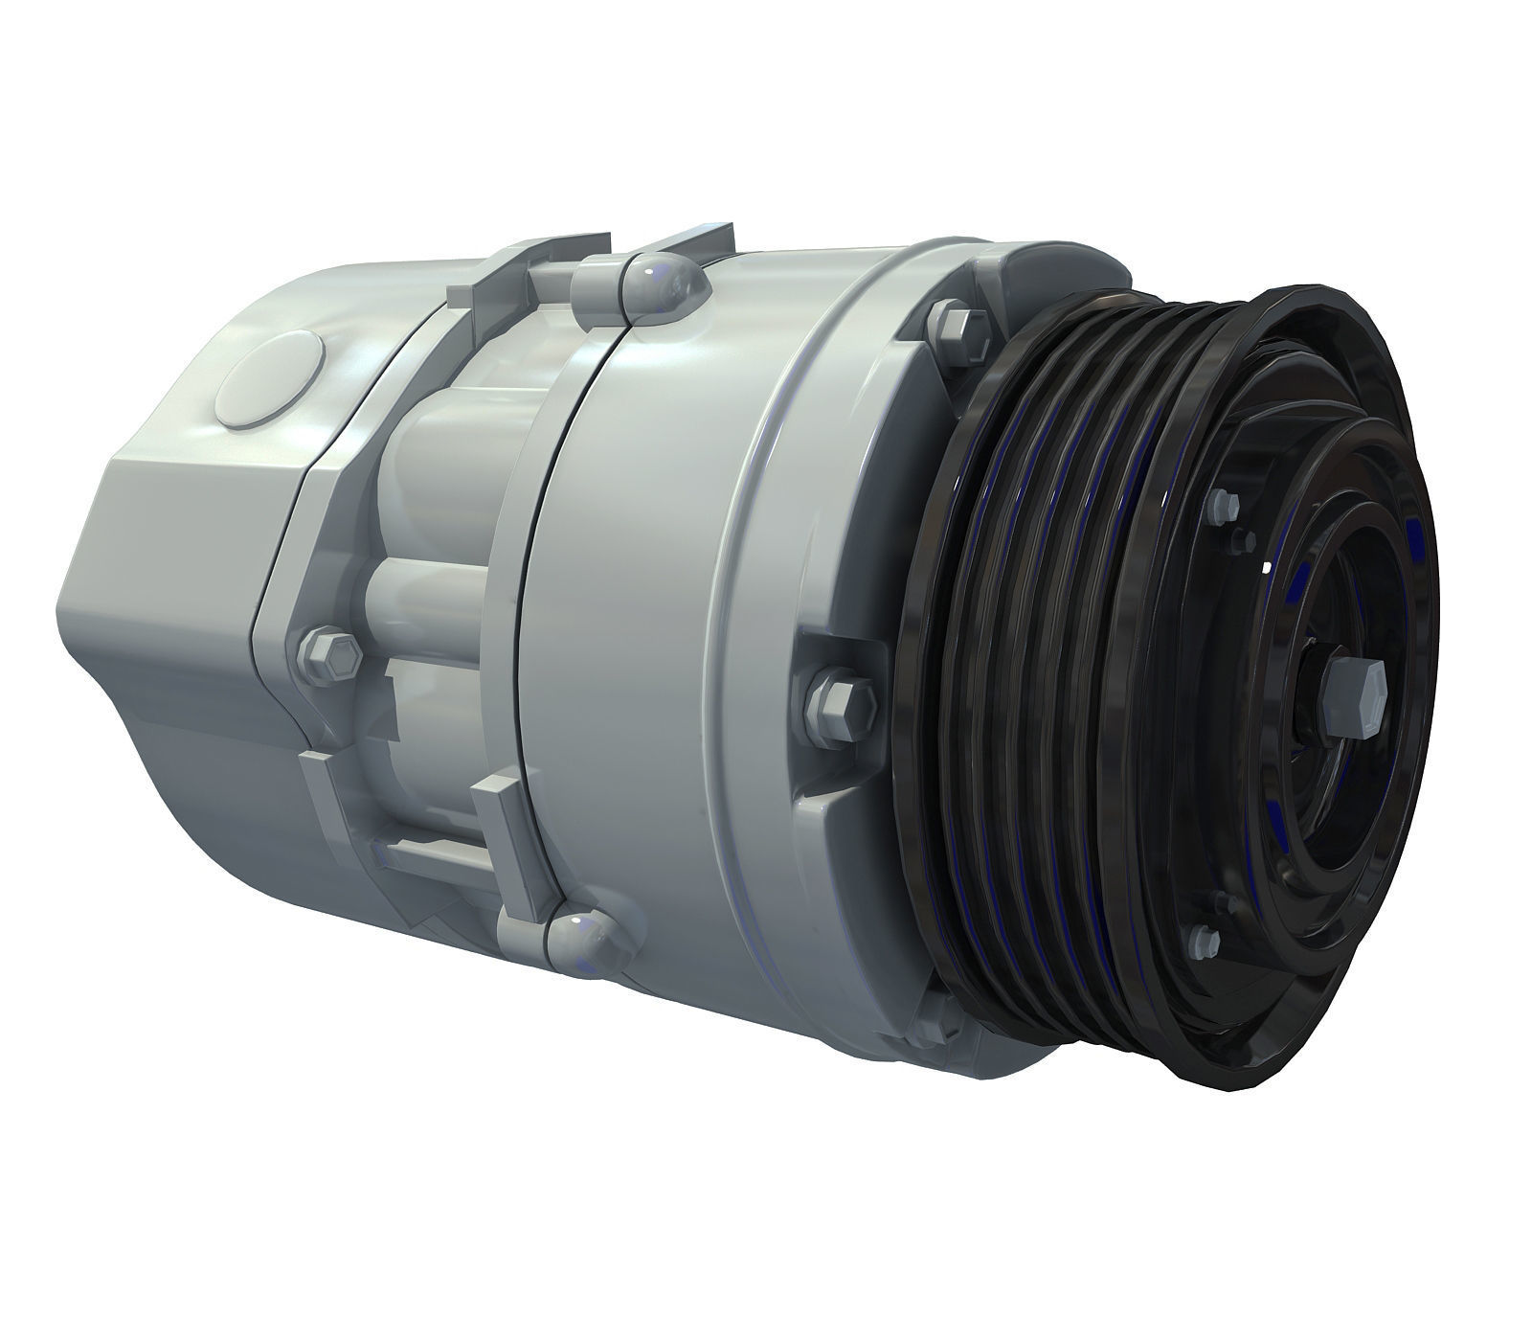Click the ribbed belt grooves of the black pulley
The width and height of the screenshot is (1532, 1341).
pyautogui.click(x=1053, y=670)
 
